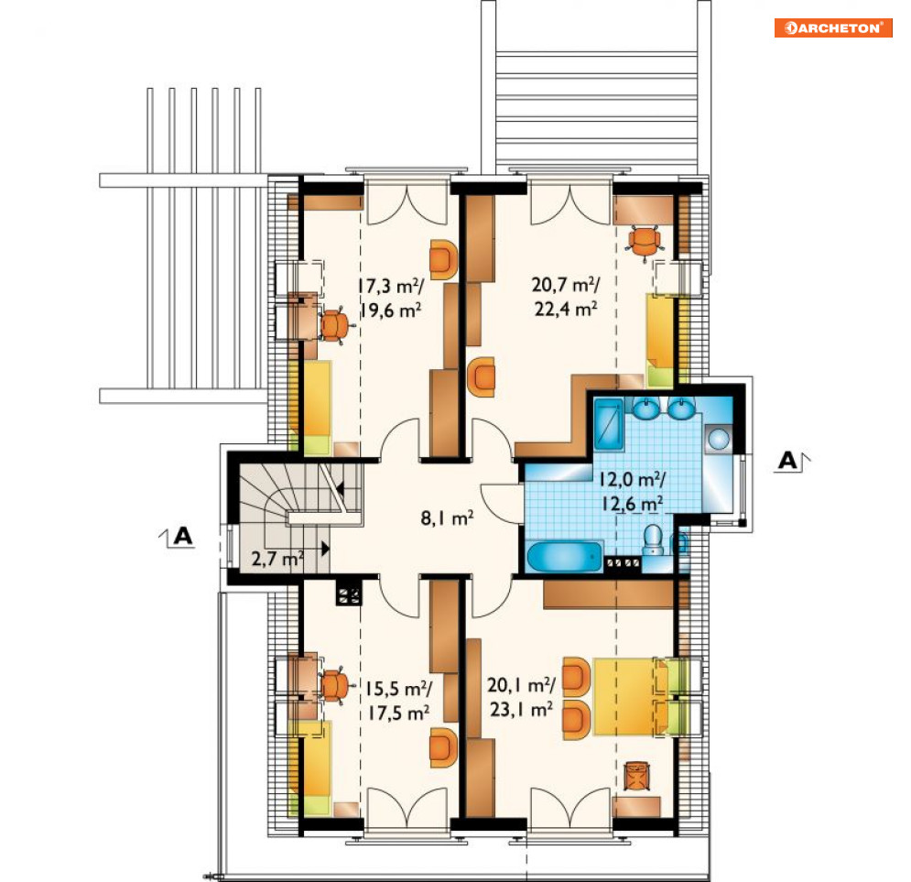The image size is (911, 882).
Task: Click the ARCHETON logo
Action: click(833, 27)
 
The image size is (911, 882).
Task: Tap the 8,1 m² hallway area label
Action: click(447, 517)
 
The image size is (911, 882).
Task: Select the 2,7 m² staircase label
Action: click(277, 559)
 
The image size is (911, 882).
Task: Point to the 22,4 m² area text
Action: click(566, 309)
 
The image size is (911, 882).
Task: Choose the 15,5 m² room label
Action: click(398, 689)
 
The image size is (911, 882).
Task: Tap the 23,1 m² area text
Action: click(521, 710)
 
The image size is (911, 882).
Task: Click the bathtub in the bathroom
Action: click(565, 557)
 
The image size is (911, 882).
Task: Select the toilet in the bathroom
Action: click(653, 539)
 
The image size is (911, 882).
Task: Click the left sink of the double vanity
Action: click(644, 408)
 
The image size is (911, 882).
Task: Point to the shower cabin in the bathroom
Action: click(609, 425)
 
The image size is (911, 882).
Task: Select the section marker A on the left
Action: click(178, 536)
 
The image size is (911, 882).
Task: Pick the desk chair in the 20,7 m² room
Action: click(644, 243)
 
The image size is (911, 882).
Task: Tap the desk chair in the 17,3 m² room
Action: click(334, 327)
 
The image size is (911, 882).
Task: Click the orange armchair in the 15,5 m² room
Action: click(443, 747)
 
